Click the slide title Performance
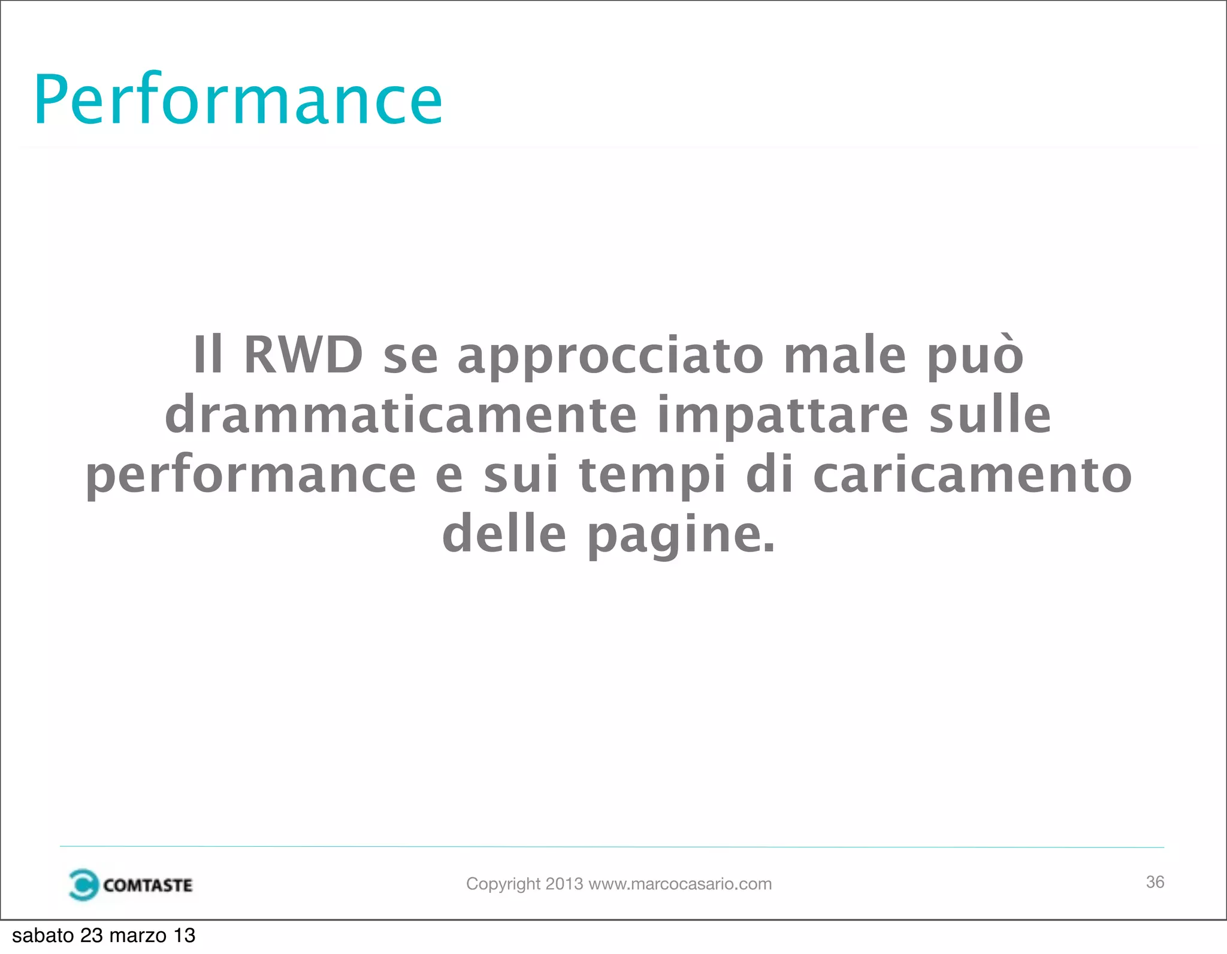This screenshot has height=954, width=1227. tap(238, 99)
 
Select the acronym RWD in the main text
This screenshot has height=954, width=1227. tap(303, 355)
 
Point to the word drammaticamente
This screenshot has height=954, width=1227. tap(401, 415)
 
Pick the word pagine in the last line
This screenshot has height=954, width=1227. tap(681, 535)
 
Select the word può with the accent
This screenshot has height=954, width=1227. tap(975, 356)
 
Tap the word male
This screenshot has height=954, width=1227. tap(845, 355)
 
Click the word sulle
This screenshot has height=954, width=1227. tap(990, 415)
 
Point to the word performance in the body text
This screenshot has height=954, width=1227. tap(250, 476)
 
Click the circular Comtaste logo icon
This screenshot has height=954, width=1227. tap(83, 885)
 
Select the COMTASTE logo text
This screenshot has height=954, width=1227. tap(147, 885)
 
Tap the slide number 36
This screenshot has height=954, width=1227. tap(1155, 882)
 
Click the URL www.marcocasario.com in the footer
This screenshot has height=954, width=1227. tap(680, 884)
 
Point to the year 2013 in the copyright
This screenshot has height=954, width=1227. tap(564, 884)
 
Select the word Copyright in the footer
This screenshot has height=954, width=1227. tap(503, 884)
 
